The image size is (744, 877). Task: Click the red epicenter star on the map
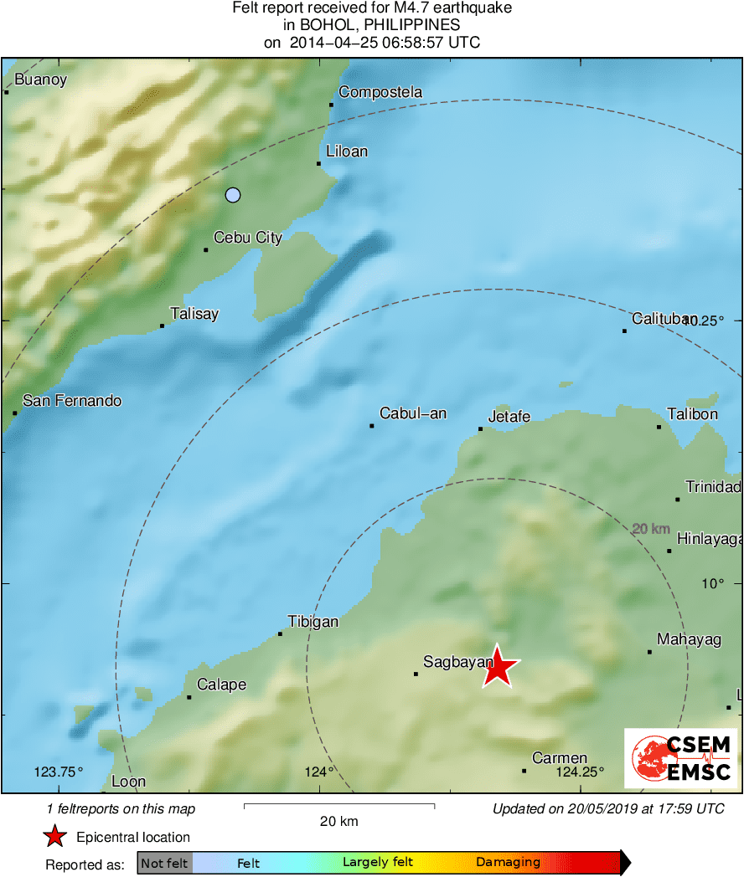click(499, 667)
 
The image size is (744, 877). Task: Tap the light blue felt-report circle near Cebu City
click(233, 195)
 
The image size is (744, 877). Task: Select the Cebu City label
click(248, 238)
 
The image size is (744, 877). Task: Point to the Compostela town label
click(380, 92)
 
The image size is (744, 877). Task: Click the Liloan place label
click(347, 151)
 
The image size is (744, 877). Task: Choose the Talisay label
click(194, 314)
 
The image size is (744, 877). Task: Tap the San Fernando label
click(72, 401)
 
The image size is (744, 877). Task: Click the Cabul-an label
click(413, 413)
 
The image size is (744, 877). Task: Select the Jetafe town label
click(509, 416)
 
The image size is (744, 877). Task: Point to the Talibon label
click(693, 414)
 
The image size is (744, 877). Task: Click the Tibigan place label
click(313, 621)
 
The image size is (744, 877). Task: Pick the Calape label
click(222, 685)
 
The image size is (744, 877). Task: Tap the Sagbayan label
click(458, 663)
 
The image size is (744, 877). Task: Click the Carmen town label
click(560, 758)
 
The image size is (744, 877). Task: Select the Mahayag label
click(690, 640)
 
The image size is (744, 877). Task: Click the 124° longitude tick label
click(319, 772)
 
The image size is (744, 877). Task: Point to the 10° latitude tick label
click(713, 583)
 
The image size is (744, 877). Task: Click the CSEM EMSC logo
click(681, 758)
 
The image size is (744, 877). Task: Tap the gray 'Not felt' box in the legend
click(165, 863)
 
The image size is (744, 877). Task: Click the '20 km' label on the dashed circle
click(651, 529)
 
